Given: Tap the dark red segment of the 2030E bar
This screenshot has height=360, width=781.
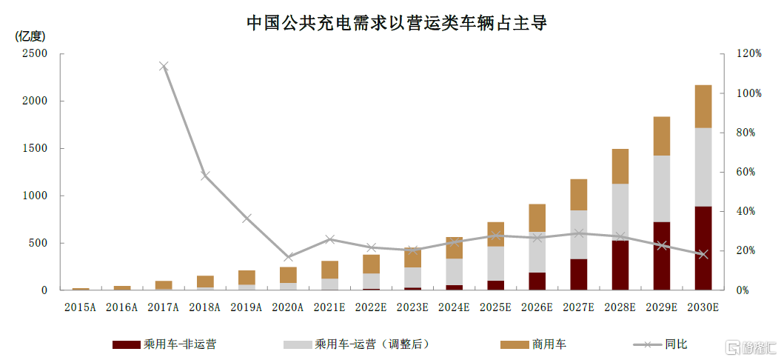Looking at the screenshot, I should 703,248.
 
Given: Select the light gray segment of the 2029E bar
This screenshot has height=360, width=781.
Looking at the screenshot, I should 661,188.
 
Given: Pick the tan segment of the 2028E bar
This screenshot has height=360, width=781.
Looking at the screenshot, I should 620,166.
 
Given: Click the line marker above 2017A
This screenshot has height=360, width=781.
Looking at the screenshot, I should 164,67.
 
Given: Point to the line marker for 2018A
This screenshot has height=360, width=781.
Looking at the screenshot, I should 205,176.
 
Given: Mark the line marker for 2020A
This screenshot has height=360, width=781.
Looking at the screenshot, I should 288,257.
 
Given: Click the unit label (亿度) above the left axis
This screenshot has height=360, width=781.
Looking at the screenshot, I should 29,36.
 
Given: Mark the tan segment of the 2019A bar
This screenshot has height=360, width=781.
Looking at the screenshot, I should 247,278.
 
